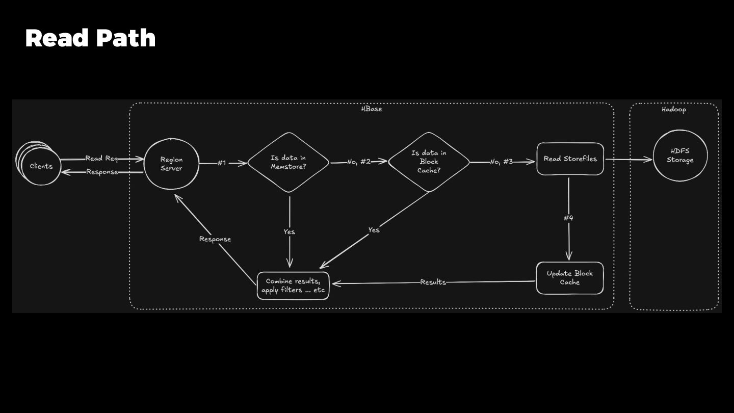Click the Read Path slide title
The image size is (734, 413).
(x=90, y=39)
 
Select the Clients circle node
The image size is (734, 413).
(x=41, y=166)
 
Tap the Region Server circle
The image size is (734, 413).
(x=171, y=164)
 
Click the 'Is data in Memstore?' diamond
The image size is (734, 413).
(x=289, y=163)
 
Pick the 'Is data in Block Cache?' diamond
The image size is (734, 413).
(x=429, y=162)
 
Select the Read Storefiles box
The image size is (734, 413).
(x=570, y=159)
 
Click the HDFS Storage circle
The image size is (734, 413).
(x=680, y=156)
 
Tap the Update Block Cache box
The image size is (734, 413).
(x=569, y=278)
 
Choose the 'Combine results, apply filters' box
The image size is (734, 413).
(x=293, y=286)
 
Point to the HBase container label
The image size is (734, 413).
(x=372, y=109)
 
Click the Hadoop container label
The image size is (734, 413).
(x=674, y=110)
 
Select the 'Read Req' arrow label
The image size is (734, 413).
(x=101, y=159)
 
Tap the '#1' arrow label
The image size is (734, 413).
(x=221, y=163)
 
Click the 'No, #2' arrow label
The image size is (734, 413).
(x=359, y=162)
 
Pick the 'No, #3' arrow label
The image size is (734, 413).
(x=502, y=162)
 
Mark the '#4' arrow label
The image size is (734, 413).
(x=568, y=218)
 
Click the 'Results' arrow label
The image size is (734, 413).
(x=433, y=282)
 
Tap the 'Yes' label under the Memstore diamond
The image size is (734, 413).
(x=289, y=232)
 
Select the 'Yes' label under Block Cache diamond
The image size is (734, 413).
(x=374, y=230)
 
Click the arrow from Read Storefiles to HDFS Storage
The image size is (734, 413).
(x=628, y=160)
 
